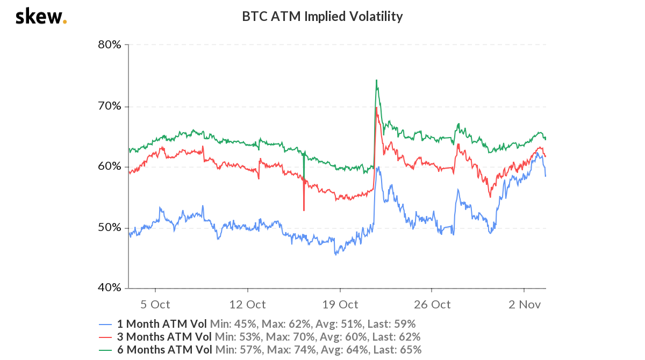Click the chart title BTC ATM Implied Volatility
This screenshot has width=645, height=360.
322,17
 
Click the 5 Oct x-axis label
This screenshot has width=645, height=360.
155,305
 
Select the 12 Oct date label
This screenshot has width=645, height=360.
247,305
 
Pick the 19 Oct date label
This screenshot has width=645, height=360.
340,305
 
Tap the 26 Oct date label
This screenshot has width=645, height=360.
432,305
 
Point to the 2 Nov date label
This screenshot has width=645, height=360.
524,305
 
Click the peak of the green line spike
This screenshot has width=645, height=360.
376,80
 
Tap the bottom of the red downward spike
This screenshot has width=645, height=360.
304,210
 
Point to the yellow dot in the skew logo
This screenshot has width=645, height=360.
65,22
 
